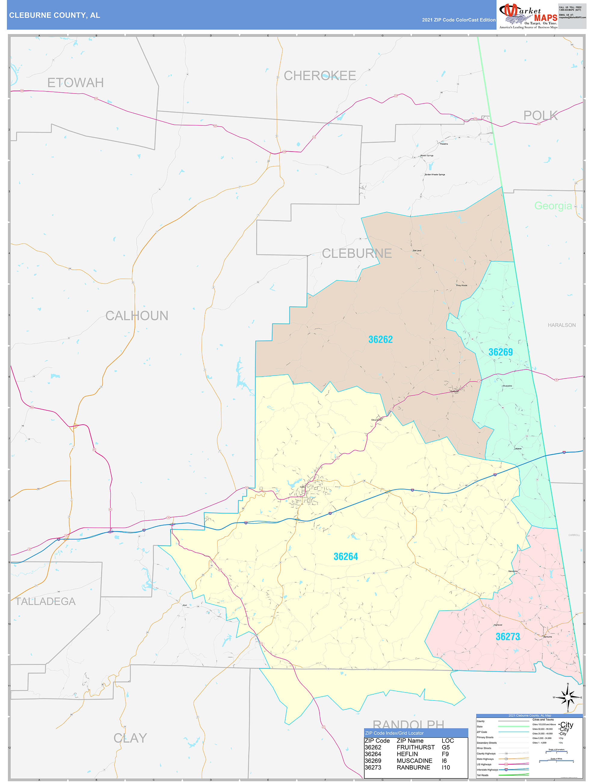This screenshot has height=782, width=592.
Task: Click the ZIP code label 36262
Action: click(x=380, y=339)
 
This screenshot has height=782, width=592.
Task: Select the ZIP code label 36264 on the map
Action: click(x=346, y=556)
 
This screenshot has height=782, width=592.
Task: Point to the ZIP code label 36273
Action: click(x=507, y=637)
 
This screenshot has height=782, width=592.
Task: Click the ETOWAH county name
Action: click(x=75, y=83)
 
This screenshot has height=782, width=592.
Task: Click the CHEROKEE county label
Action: click(x=320, y=76)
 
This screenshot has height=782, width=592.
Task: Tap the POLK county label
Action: click(x=540, y=115)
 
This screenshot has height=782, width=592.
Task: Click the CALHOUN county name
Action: click(x=137, y=316)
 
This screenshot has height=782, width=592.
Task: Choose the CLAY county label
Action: click(x=130, y=738)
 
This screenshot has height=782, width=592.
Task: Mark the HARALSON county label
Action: click(x=561, y=325)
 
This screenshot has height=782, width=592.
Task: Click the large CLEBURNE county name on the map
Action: click(x=356, y=254)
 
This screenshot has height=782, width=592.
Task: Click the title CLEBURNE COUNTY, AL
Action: click(x=54, y=15)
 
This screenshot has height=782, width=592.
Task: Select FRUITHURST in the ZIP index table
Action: click(x=415, y=747)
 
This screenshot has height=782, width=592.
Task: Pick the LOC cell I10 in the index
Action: click(x=446, y=768)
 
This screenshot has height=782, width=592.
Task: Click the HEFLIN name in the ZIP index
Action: click(x=407, y=754)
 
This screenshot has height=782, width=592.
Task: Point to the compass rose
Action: click(x=567, y=698)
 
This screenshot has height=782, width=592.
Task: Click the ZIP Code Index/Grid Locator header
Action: click(x=394, y=733)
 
